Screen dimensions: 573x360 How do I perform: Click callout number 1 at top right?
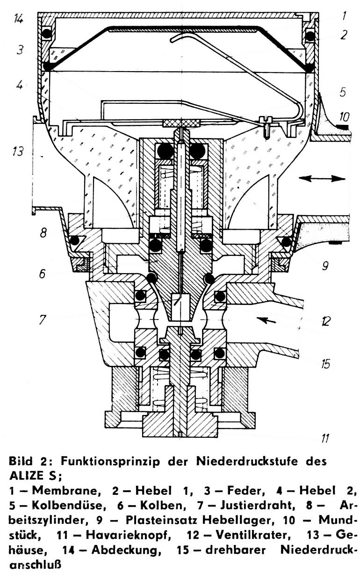tap(344, 16)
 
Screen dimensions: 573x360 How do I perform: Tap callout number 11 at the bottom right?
tap(325, 438)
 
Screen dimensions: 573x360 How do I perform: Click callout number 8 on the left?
tap(43, 232)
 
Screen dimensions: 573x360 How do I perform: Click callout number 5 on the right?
tap(343, 93)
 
